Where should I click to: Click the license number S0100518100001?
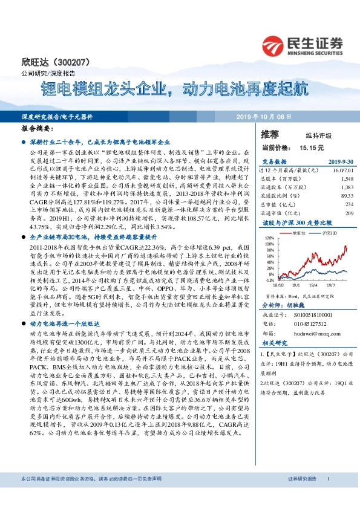coord(308,315)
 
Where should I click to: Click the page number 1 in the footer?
coord(327,496)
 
